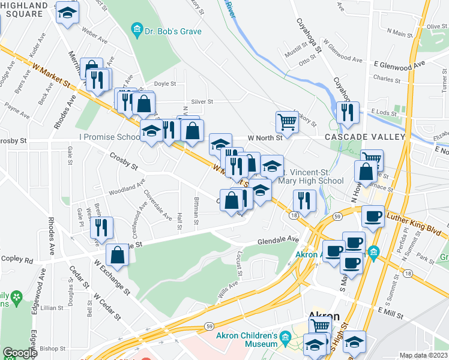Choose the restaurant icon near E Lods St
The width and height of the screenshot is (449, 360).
348,112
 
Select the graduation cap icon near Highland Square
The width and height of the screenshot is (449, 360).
67,13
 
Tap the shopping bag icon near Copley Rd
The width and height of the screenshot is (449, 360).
118,254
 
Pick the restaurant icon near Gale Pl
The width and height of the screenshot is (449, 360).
101,227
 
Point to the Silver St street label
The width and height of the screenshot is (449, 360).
202,102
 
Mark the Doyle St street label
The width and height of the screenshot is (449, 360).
164,85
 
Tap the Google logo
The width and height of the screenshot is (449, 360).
20,353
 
